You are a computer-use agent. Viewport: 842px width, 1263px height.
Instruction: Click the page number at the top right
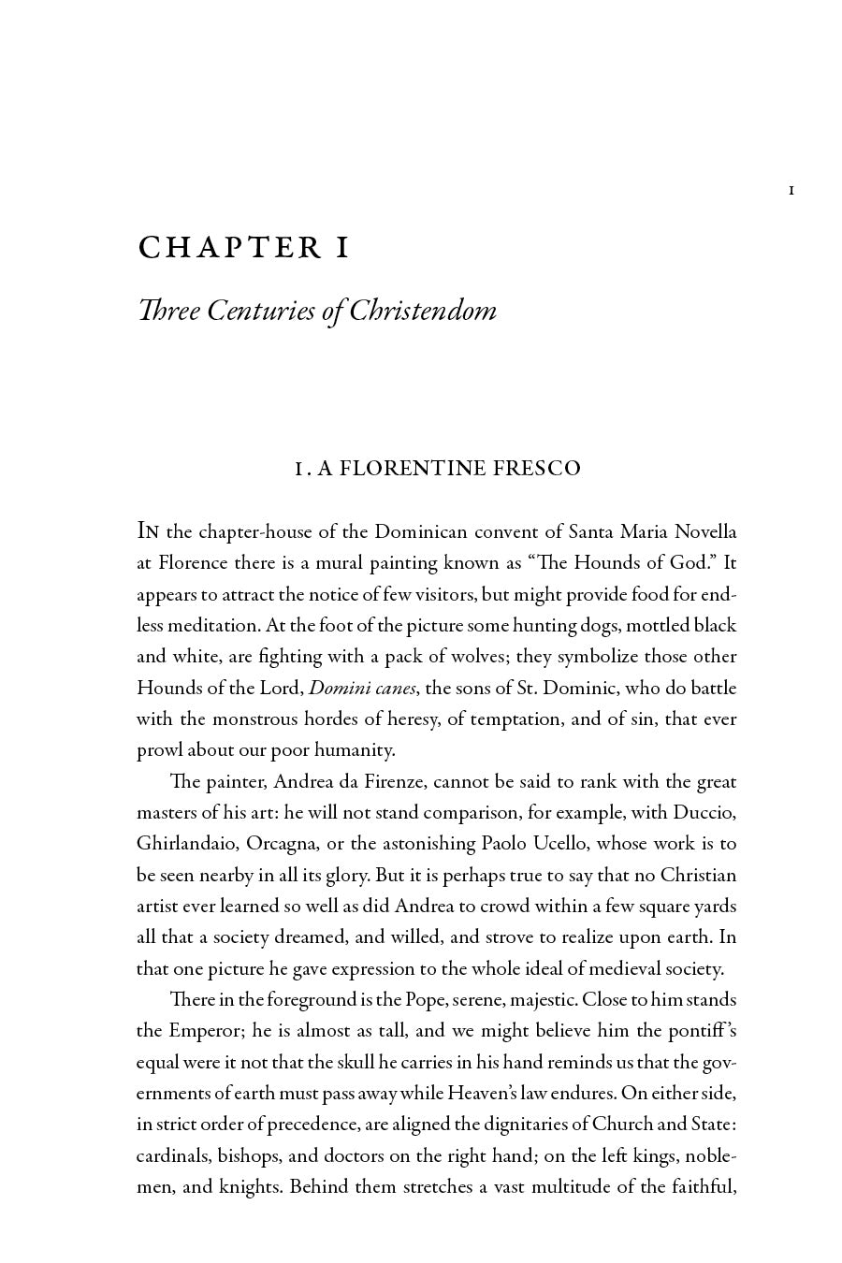pyautogui.click(x=791, y=191)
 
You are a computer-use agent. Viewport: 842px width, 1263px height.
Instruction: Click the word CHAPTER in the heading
pyautogui.click(x=229, y=248)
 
